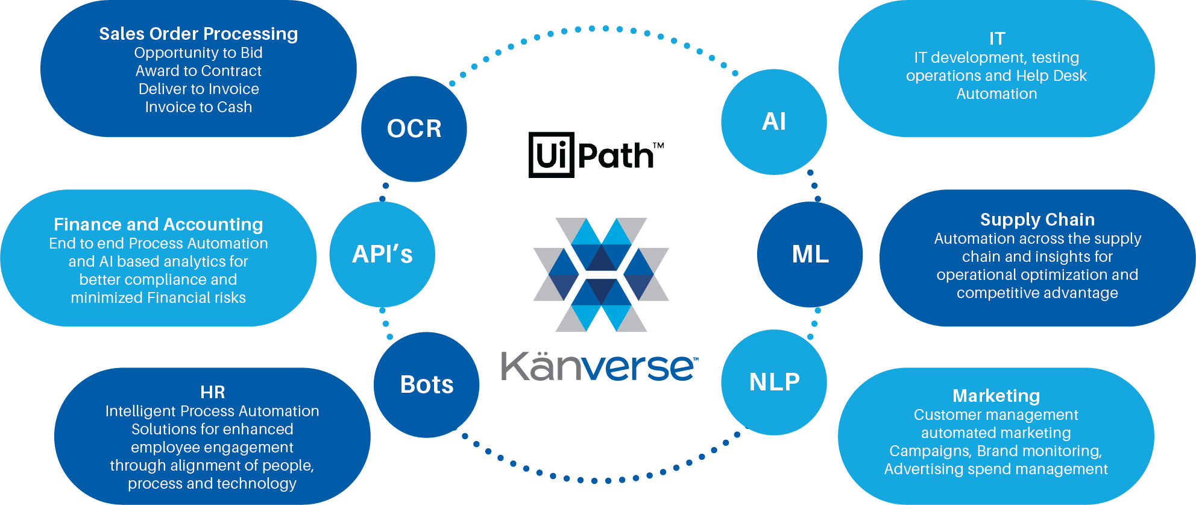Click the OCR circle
[x=414, y=129]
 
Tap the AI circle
[x=773, y=122]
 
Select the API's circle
[x=382, y=254]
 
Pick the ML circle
[x=810, y=254]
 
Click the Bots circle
[x=427, y=384]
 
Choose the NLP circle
[x=774, y=382]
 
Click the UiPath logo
[x=594, y=155]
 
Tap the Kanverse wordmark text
[x=599, y=366]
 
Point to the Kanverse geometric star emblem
[x=601, y=275]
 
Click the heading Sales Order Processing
[x=198, y=34]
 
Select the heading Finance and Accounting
[x=159, y=224]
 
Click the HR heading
[x=213, y=392]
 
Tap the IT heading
[x=997, y=39]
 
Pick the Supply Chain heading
[x=1037, y=220]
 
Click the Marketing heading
[x=996, y=396]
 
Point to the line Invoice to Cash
[x=198, y=107]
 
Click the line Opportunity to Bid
[x=198, y=53]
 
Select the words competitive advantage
[x=1037, y=293]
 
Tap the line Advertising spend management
[x=996, y=469]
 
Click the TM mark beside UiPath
[x=658, y=145]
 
